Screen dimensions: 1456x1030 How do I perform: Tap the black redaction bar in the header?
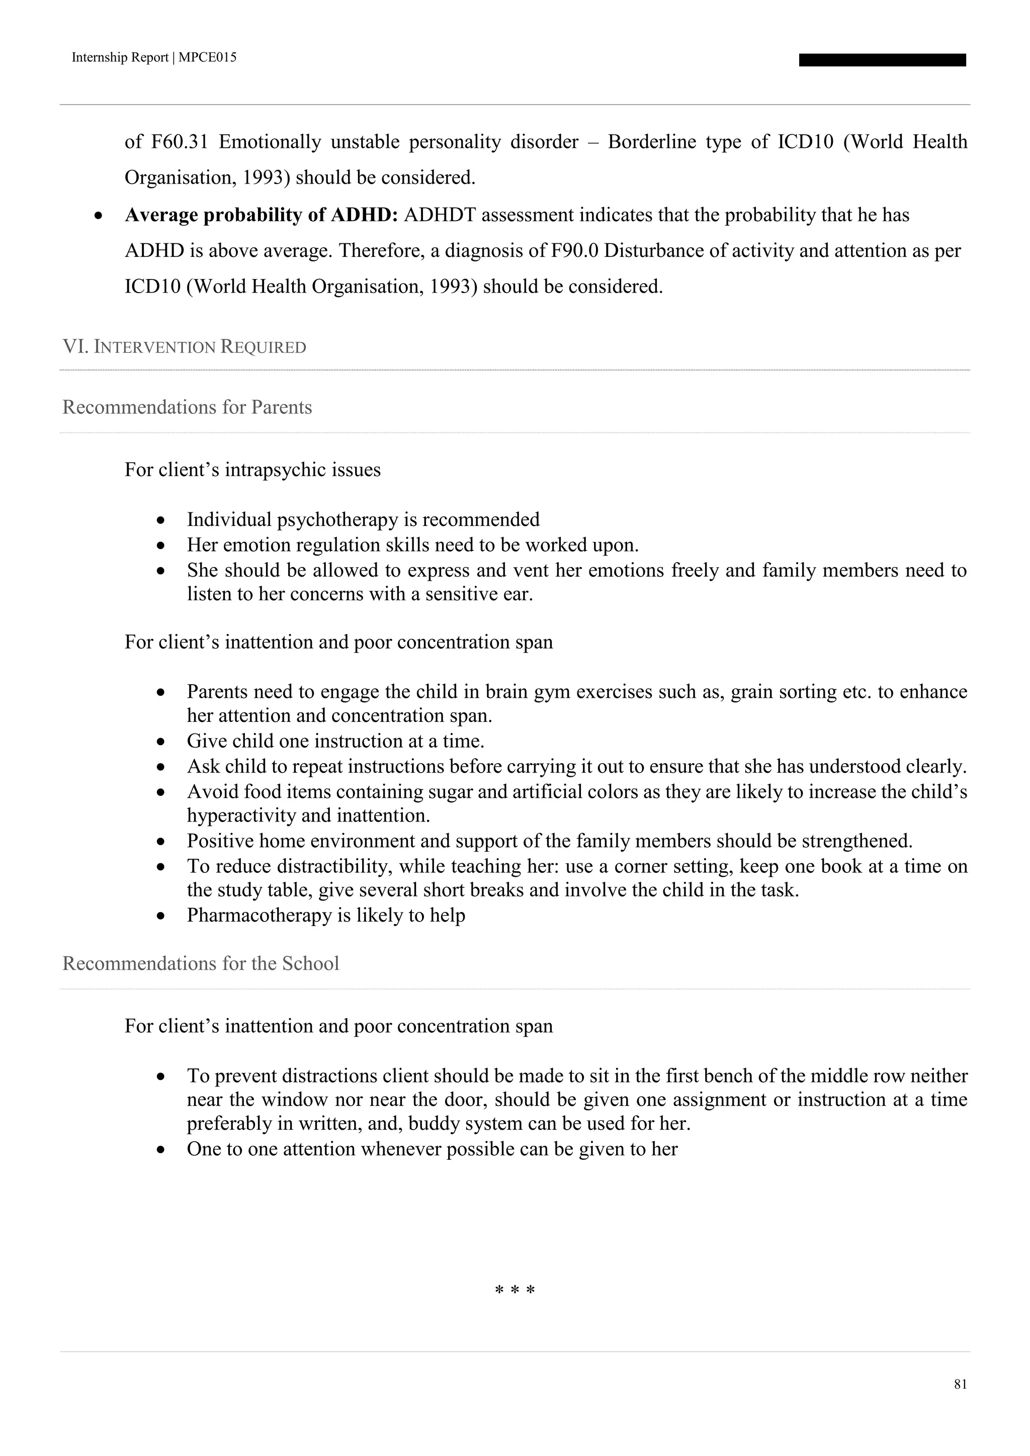click(x=882, y=60)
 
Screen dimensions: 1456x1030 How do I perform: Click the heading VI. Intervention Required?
click(x=184, y=347)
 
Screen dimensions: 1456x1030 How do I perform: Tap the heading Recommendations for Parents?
click(x=187, y=407)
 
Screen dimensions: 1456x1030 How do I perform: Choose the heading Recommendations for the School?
click(x=201, y=963)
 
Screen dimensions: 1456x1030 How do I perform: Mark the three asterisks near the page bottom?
click(x=514, y=1291)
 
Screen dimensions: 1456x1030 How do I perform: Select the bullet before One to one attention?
click(x=162, y=1150)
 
